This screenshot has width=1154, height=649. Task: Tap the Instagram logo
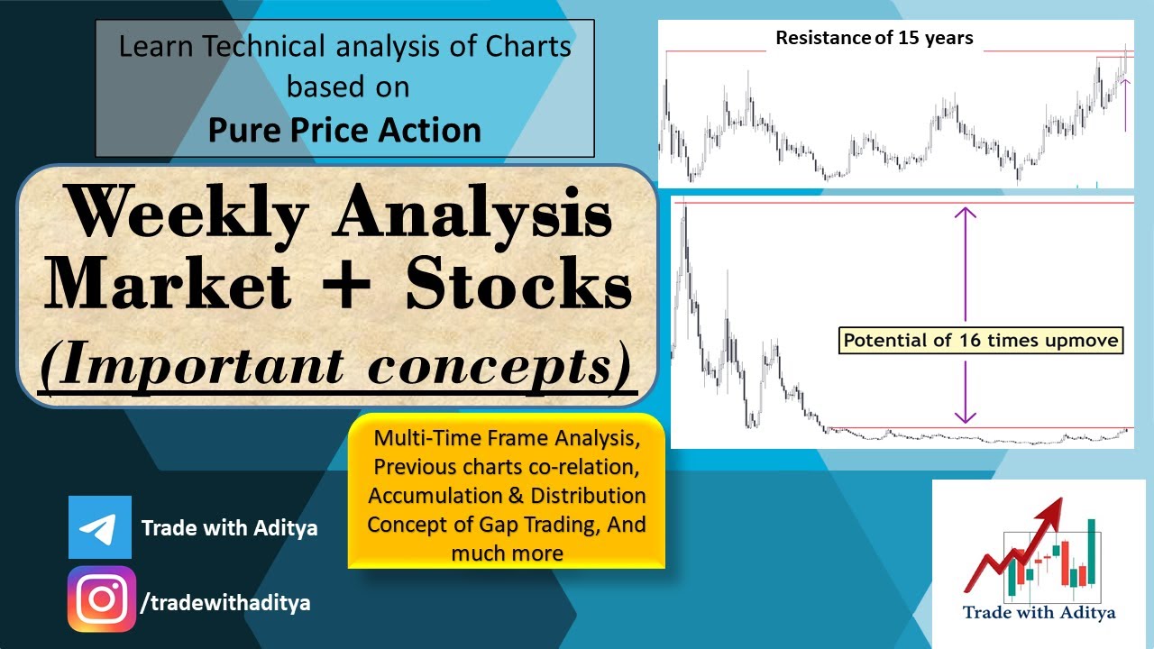pos(102,599)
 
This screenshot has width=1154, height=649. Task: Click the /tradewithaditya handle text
pos(225,603)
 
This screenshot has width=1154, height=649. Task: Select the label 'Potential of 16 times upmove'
pos(981,340)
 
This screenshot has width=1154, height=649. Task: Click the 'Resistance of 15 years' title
pos(874,39)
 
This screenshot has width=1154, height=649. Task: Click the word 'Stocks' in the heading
pos(517,286)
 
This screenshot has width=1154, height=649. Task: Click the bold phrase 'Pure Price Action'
pos(344,131)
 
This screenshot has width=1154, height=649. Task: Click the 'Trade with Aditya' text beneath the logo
pos(1039,613)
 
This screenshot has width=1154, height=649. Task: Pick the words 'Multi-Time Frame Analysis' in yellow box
pos(507,439)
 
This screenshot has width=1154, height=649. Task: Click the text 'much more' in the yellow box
pos(507,553)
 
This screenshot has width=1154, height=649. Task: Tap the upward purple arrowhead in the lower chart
pos(966,215)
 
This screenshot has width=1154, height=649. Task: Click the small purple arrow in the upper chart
pos(1125,104)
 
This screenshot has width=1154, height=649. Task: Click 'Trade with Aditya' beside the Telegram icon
pos(229,528)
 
